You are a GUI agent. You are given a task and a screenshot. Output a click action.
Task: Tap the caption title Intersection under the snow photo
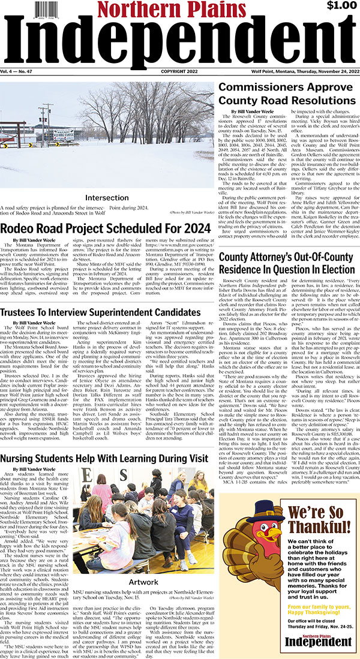click(x=107, y=197)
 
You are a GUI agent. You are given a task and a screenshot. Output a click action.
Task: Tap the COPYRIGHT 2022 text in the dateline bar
click(x=178, y=71)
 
